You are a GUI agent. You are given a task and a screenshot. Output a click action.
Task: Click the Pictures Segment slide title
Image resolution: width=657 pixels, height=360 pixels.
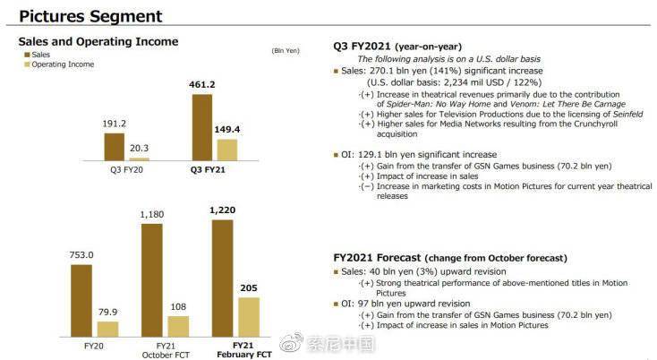click(x=90, y=16)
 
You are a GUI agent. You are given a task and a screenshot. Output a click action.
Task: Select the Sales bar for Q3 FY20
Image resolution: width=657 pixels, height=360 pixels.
click(x=114, y=146)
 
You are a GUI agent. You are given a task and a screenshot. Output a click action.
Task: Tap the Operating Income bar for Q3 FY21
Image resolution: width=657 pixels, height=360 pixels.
click(x=226, y=149)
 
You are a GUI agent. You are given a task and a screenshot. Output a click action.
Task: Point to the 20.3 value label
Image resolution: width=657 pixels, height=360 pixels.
click(x=139, y=150)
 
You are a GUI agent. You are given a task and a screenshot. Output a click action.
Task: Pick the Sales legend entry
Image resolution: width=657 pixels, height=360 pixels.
click(x=41, y=55)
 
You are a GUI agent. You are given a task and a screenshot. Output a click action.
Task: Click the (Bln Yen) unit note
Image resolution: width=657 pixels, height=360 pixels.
click(x=284, y=50)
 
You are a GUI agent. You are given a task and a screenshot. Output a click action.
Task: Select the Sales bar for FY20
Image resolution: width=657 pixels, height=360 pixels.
click(x=81, y=300)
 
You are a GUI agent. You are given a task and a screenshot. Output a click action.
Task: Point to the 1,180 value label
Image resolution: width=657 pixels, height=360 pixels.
click(x=153, y=215)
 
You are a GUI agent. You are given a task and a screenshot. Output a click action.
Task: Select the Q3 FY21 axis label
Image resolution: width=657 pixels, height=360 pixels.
click(x=208, y=169)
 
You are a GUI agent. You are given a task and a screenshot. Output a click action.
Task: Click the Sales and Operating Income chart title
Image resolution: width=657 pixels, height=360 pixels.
click(x=98, y=41)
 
